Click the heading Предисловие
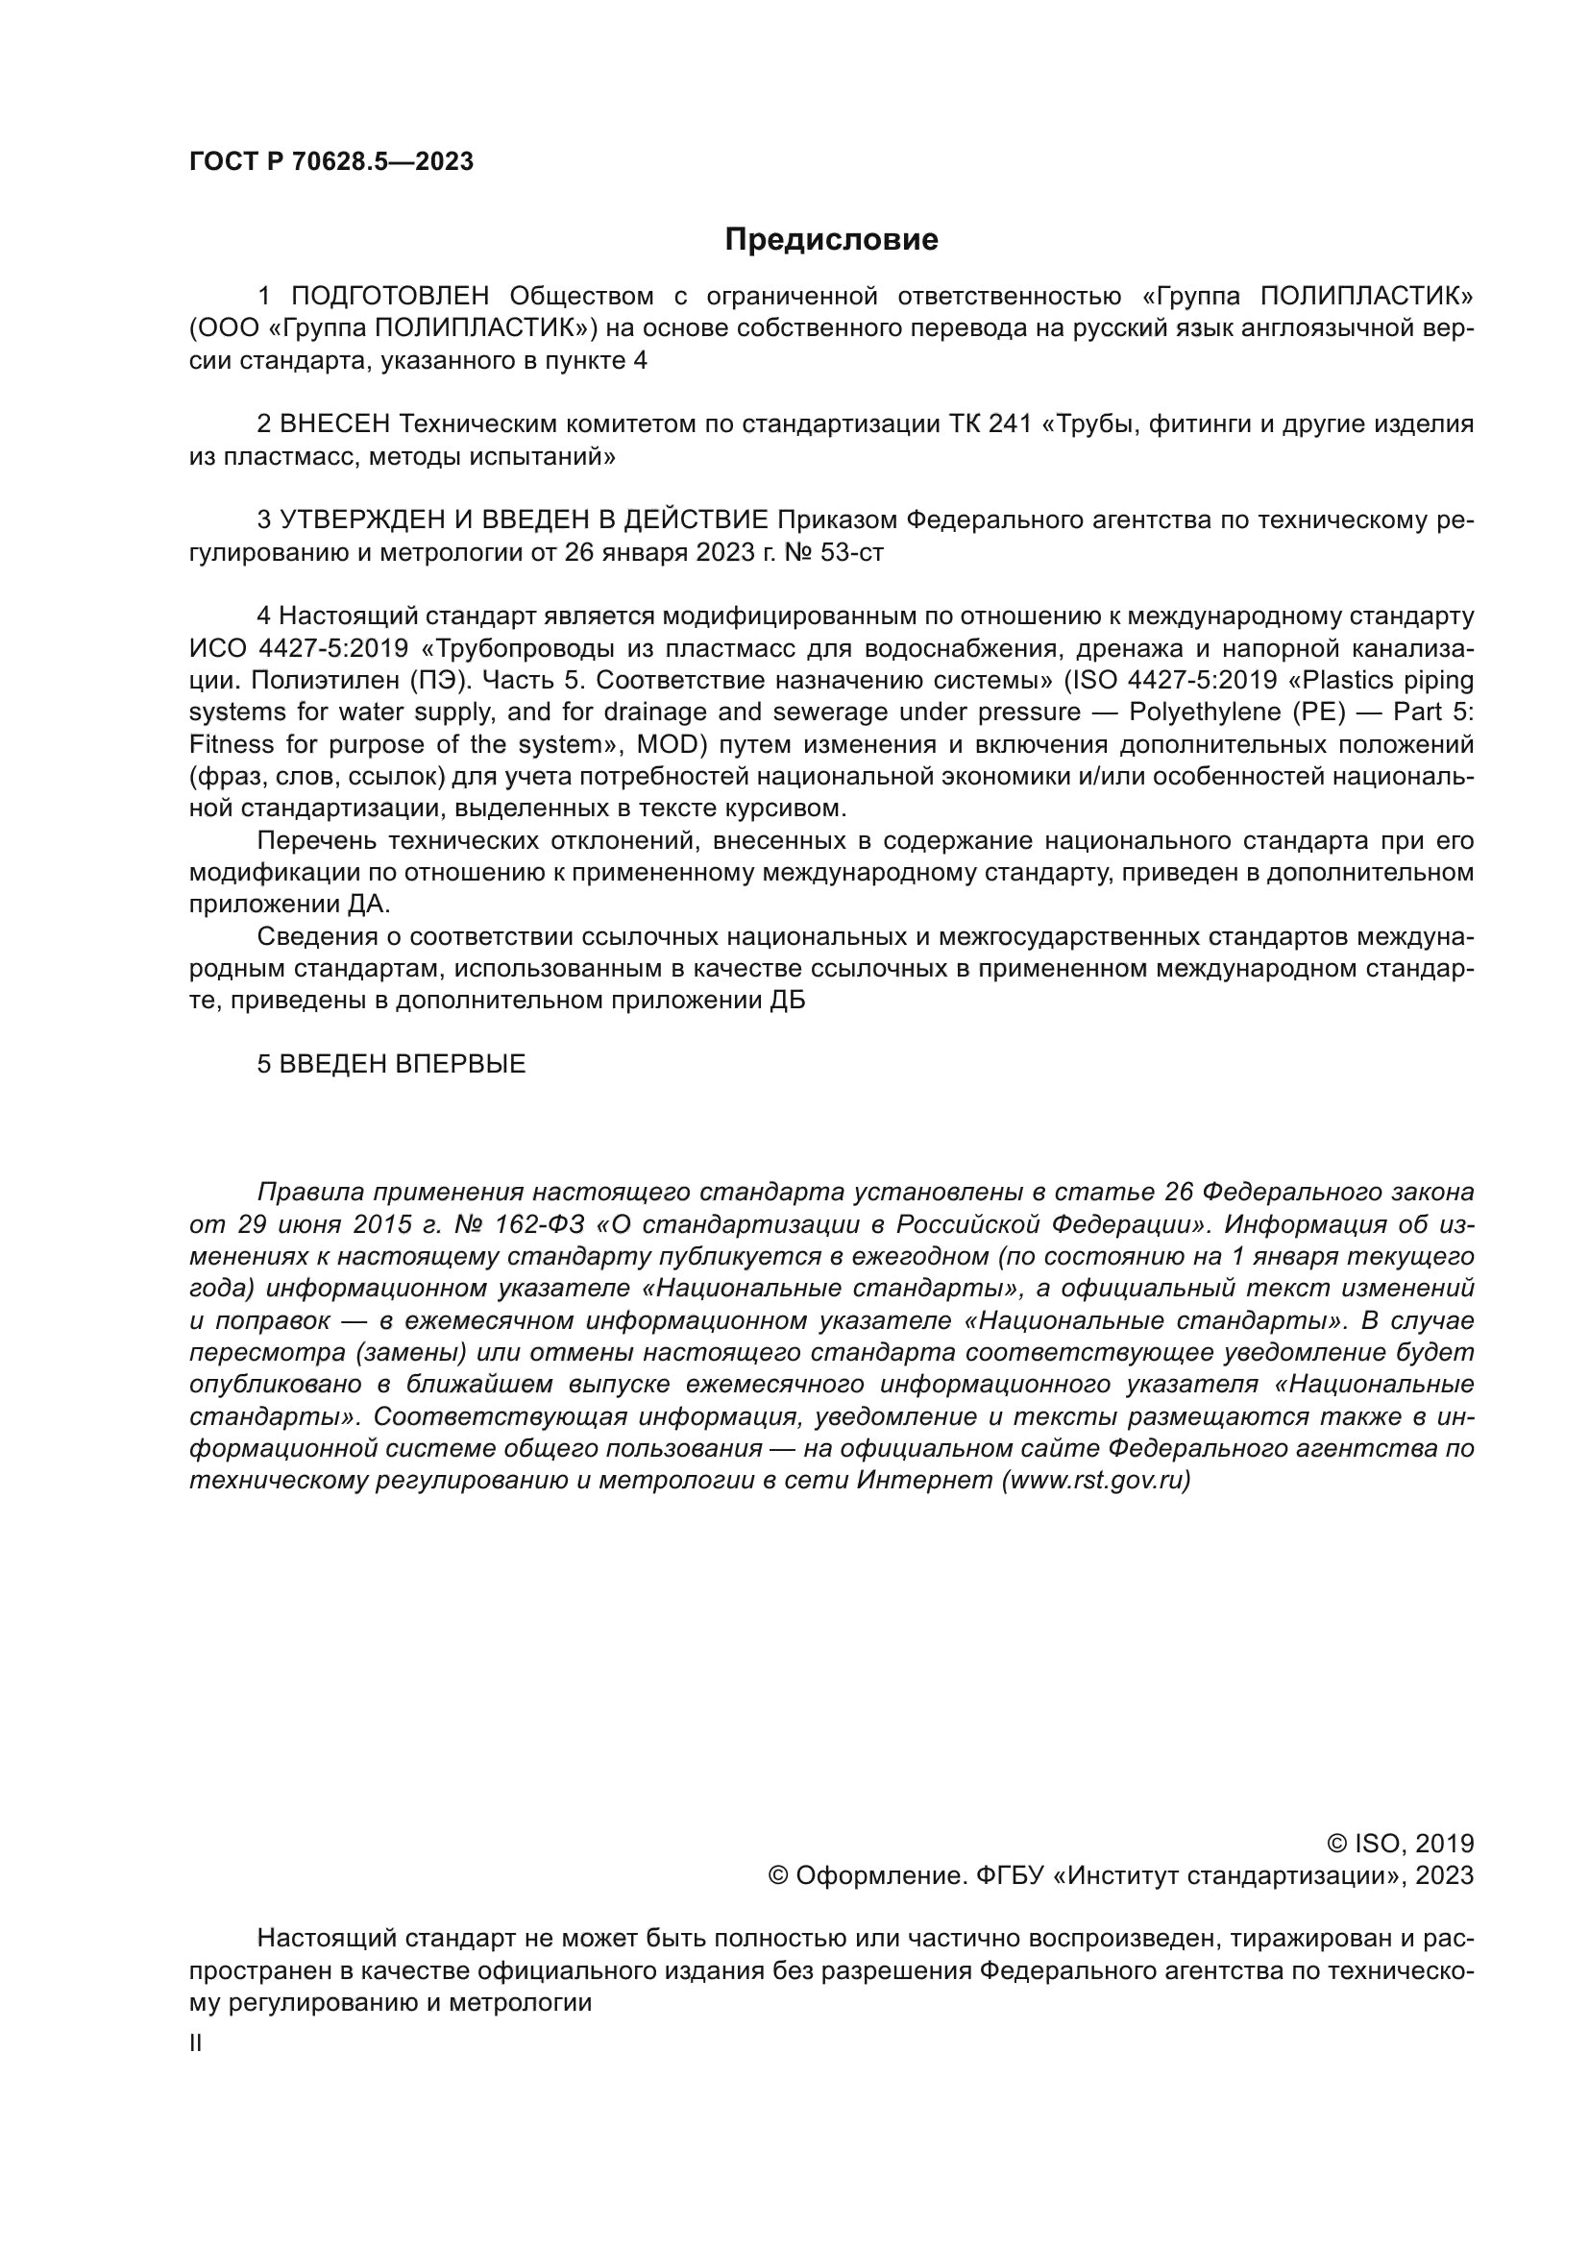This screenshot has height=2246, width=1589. click(x=831, y=240)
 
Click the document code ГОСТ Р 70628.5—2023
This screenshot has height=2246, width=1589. click(x=330, y=162)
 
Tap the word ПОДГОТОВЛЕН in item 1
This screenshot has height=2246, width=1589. click(x=389, y=296)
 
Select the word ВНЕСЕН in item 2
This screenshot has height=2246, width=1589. click(x=334, y=423)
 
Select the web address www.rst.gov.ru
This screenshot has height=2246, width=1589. click(x=1096, y=1480)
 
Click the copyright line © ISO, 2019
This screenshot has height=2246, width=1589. click(x=1399, y=1844)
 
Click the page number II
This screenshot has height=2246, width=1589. click(x=196, y=2043)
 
